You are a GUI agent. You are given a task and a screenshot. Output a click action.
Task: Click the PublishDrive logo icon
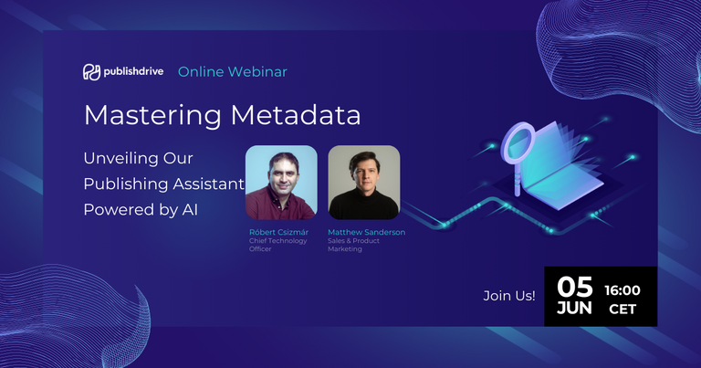pos(90,71)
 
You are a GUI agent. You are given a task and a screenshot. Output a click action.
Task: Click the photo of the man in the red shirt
pos(281,182)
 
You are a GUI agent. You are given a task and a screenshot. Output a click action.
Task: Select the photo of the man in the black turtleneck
pos(363,182)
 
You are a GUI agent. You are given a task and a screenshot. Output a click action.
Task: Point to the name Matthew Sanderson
pos(366,232)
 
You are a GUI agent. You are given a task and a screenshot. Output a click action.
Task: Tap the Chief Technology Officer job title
pos(278,245)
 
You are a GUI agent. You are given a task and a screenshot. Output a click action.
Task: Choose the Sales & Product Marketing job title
pos(356,245)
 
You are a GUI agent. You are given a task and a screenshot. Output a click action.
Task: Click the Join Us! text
pos(509,296)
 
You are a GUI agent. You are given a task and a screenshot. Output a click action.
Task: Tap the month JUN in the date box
pos(575,309)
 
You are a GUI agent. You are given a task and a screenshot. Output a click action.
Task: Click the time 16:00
pos(623,290)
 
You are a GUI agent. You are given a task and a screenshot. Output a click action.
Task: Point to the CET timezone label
pos(623,310)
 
